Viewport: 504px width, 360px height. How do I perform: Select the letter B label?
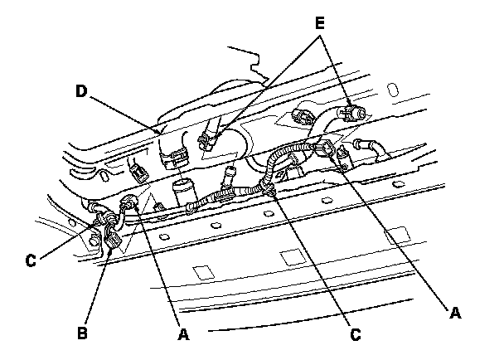point(81,332)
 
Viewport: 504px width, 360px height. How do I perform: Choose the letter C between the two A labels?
point(355,335)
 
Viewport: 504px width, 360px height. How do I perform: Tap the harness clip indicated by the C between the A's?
point(271,192)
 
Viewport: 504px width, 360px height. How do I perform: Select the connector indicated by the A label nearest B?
point(129,203)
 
